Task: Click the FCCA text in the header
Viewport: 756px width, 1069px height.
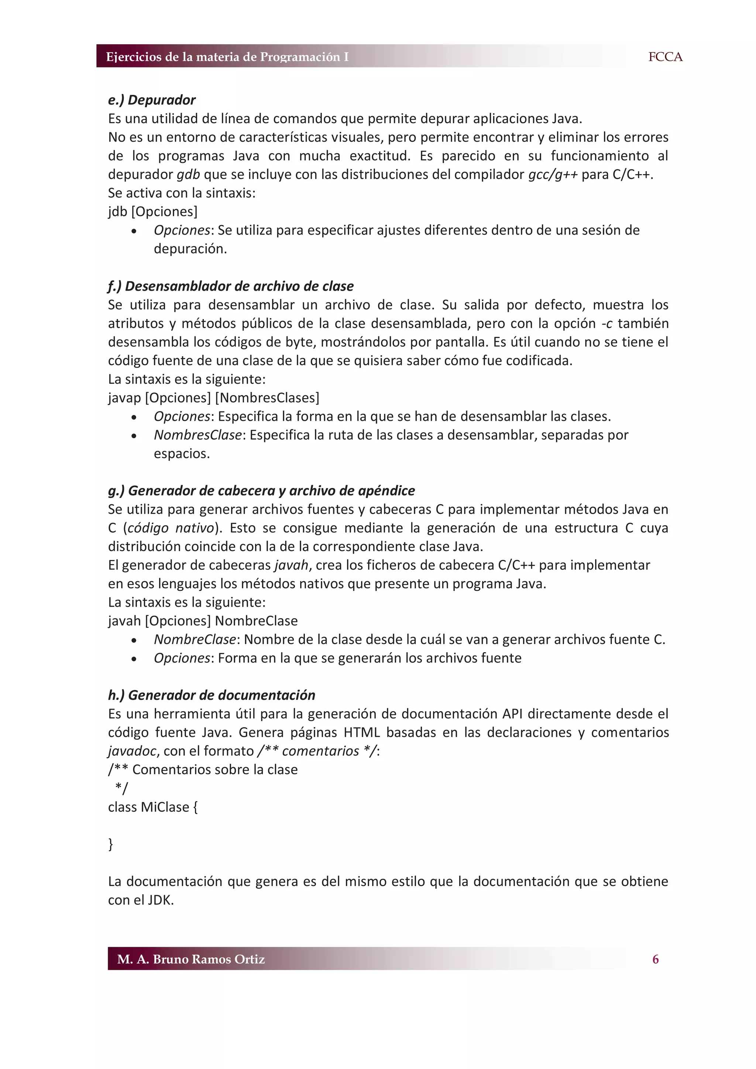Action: click(x=665, y=57)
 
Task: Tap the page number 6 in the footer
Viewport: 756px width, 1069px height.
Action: click(x=655, y=959)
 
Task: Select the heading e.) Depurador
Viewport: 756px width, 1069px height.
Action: click(x=152, y=100)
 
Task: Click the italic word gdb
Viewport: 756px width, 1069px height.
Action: click(x=188, y=174)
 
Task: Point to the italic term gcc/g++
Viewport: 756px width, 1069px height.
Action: click(x=553, y=174)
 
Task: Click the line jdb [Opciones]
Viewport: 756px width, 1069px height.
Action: click(x=153, y=211)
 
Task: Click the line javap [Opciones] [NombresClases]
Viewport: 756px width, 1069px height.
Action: click(x=214, y=398)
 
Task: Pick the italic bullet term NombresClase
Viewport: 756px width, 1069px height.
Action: click(x=198, y=435)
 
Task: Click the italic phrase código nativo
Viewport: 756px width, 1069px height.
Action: click(x=171, y=527)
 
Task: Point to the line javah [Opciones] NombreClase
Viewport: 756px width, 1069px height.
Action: click(x=203, y=621)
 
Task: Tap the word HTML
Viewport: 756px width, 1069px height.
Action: click(x=361, y=732)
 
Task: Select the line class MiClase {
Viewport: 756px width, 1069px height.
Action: click(x=153, y=807)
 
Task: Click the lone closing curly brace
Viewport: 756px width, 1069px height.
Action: click(x=110, y=844)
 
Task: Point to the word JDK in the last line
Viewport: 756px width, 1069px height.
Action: click(x=160, y=900)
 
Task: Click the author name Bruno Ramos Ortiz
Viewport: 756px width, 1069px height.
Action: click(x=209, y=959)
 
